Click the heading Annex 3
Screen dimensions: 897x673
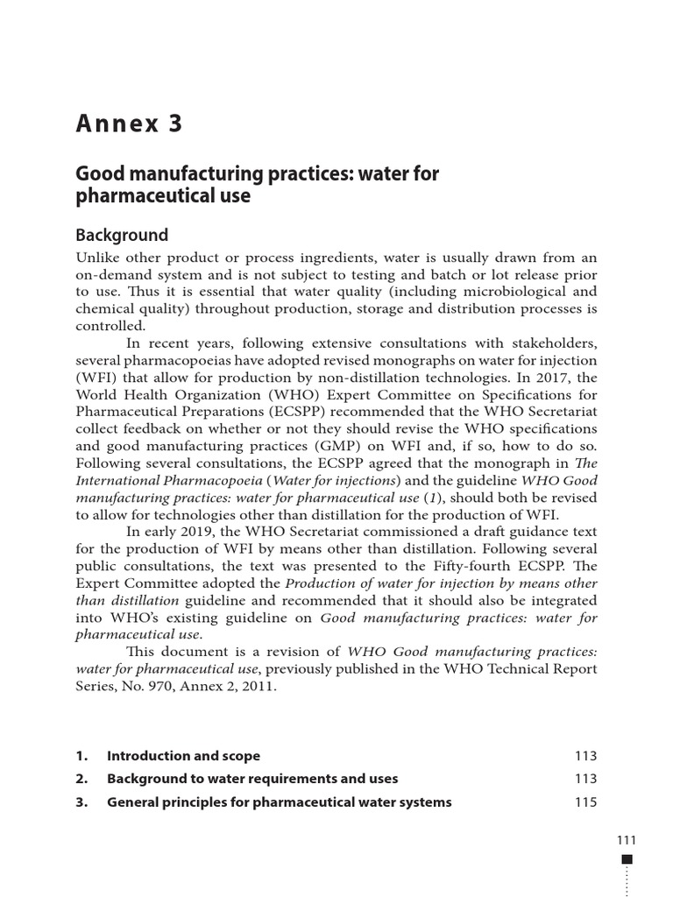pos(129,124)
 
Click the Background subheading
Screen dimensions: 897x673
pos(121,235)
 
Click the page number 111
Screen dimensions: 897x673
pos(627,840)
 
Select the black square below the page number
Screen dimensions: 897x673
pos(627,860)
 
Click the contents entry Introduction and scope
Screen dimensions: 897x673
pos(183,756)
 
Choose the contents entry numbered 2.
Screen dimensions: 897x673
pos(252,779)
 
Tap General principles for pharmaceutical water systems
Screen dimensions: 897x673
pos(279,802)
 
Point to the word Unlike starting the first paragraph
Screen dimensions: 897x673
pos(97,257)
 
